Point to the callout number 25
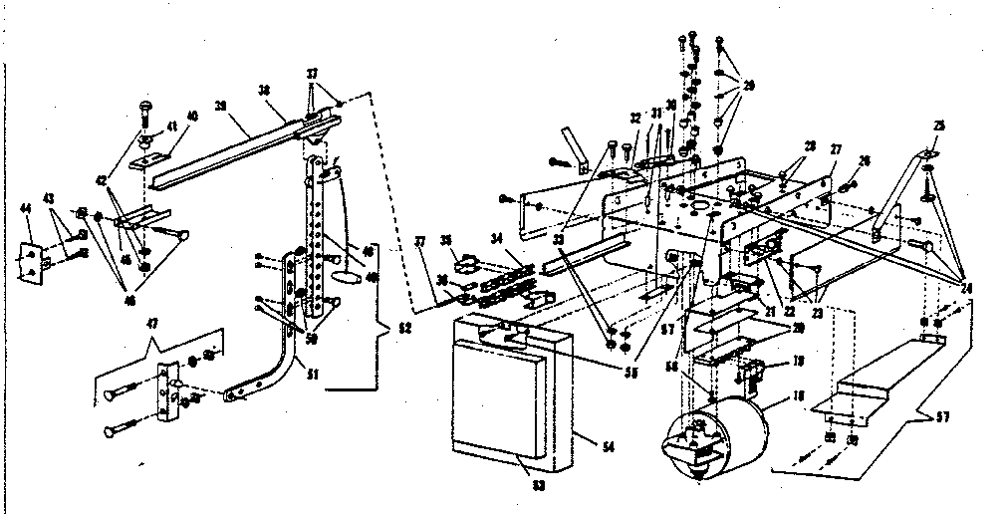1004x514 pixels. click(938, 126)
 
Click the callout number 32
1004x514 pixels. click(633, 117)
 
